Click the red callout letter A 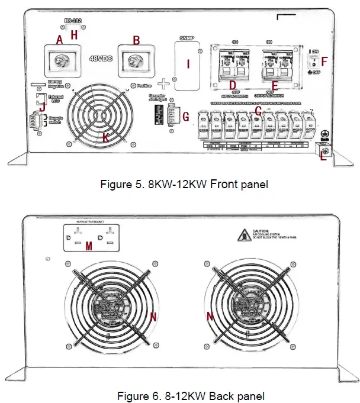click(59, 40)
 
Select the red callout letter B click(136, 40)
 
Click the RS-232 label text click(73, 21)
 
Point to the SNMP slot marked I click(188, 65)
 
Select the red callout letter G click(186, 117)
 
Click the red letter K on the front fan click(105, 138)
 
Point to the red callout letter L click(323, 156)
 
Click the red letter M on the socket click(89, 245)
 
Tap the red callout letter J click(41, 107)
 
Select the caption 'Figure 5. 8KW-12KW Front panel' click(184, 185)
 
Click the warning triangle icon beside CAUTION click(242, 236)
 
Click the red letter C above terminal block click(258, 109)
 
